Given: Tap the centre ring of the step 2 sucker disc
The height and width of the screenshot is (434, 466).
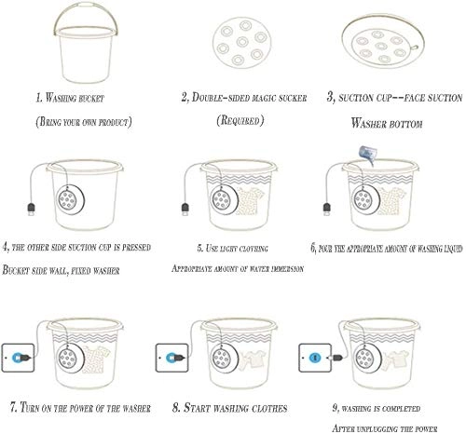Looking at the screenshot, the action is pyautogui.click(x=242, y=42).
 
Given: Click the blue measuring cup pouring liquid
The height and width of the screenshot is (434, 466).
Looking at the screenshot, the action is pyautogui.click(x=368, y=155).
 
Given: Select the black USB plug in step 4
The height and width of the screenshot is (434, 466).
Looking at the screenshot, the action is pyautogui.click(x=32, y=209).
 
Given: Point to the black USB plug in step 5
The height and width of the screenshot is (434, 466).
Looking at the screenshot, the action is pyautogui.click(x=185, y=209).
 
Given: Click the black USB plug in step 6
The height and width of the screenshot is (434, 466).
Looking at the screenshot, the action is pyautogui.click(x=327, y=209).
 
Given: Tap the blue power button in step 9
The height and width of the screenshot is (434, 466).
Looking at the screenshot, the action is pyautogui.click(x=315, y=358).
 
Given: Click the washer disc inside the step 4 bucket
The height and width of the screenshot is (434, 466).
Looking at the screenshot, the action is pyautogui.click(x=71, y=199).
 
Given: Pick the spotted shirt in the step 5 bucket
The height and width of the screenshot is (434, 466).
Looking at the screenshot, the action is pyautogui.click(x=251, y=201).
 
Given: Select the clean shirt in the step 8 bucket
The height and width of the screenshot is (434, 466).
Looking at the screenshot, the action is pyautogui.click(x=253, y=359).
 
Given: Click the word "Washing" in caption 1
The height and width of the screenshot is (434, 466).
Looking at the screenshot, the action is pyautogui.click(x=61, y=98).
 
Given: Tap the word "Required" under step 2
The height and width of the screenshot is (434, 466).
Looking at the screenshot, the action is pyautogui.click(x=240, y=120).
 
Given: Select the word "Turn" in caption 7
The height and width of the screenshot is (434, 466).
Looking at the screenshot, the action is pyautogui.click(x=30, y=407).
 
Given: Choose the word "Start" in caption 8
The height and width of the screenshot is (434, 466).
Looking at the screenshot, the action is pyautogui.click(x=197, y=408).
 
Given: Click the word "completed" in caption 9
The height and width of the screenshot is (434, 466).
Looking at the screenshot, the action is pyautogui.click(x=401, y=409).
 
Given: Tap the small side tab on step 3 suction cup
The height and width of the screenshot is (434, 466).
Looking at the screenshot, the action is pyautogui.click(x=414, y=47).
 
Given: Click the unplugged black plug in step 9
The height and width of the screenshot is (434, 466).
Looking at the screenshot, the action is pyautogui.click(x=337, y=358).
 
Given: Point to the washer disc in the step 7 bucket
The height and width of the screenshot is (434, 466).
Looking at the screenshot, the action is pyautogui.click(x=71, y=359).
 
